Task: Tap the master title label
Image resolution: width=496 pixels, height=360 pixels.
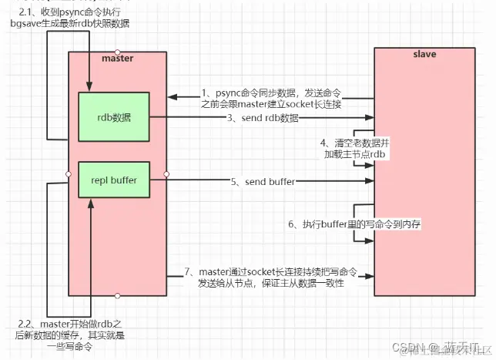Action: coord(117,59)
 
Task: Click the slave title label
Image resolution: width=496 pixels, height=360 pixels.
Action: coord(424,54)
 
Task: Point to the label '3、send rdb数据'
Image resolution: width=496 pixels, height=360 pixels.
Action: coord(263,119)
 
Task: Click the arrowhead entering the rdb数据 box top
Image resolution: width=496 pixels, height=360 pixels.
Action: coord(90,88)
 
